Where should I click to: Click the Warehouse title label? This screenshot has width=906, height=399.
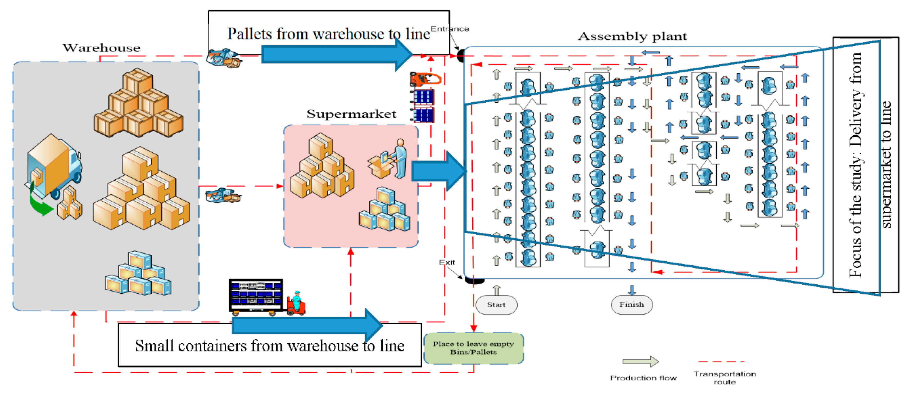pos(101,48)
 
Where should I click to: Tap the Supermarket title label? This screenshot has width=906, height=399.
pos(351,114)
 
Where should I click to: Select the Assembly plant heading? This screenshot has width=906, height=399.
pos(632,36)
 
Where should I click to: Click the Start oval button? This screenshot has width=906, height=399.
pos(496,305)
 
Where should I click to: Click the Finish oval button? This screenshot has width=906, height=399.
pos(631,304)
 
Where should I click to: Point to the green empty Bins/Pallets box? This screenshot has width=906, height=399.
pos(473,348)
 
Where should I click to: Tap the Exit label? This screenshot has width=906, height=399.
pos(447,262)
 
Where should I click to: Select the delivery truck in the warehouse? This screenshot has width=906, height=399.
pos(54,166)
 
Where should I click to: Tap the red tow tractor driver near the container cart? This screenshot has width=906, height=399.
pos(296,303)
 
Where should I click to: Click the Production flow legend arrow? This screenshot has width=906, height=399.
pos(640,361)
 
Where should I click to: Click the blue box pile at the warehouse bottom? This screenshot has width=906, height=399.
pos(138,274)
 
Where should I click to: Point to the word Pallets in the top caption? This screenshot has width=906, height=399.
pos(250,34)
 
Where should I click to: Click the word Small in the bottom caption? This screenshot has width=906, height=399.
pos(155,346)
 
